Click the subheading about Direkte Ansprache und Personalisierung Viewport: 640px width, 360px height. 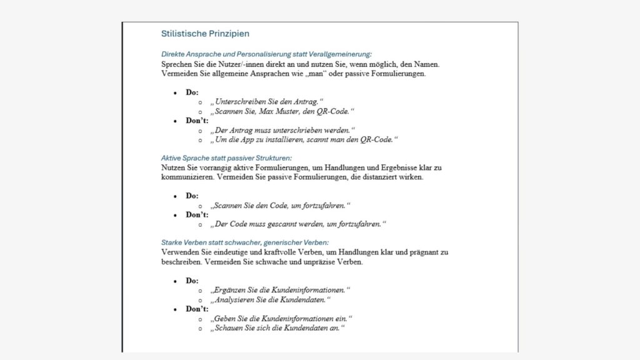[266, 54]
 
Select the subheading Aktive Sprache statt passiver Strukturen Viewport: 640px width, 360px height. [226, 158]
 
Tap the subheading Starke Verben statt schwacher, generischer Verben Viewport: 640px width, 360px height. [245, 242]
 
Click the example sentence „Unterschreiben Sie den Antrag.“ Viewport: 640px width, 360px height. [267, 102]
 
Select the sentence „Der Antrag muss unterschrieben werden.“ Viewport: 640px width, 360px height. [283, 131]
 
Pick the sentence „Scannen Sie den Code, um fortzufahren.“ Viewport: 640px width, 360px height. [281, 205]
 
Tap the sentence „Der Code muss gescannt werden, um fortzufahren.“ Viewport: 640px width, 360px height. [299, 224]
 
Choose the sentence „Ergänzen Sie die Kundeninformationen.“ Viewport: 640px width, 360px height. [281, 290]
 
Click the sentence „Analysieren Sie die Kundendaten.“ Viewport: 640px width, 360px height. [270, 299]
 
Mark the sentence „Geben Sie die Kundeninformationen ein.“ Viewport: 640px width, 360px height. [282, 319]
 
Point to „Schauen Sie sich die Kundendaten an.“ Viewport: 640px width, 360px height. [278, 328]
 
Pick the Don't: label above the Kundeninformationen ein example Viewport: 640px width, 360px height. [197, 309]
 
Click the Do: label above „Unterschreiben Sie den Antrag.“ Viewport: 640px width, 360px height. [192, 92]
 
